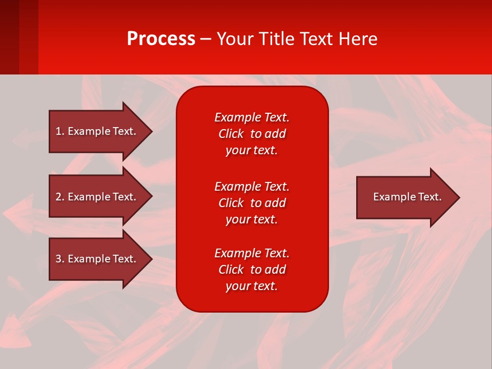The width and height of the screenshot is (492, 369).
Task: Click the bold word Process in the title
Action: (x=161, y=39)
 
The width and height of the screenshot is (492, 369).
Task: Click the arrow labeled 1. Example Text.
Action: (x=95, y=131)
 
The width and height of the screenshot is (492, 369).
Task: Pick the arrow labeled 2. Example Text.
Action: (x=95, y=197)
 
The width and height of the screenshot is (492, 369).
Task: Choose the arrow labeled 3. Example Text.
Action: (x=95, y=259)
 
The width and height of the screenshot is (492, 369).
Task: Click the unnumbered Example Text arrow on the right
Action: (x=407, y=197)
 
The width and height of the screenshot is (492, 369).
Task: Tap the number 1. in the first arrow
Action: (x=59, y=131)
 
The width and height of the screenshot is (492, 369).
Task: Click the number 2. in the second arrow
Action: (x=59, y=197)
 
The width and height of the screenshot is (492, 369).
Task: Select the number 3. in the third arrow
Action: (x=59, y=259)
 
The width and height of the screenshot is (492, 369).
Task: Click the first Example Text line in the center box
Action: (x=252, y=117)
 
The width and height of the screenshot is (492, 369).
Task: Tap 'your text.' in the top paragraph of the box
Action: (x=252, y=150)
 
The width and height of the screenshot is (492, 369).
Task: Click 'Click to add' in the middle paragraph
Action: (x=252, y=203)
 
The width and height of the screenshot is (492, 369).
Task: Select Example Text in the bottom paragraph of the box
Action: (x=252, y=253)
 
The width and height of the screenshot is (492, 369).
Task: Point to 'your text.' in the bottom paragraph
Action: (x=252, y=286)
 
